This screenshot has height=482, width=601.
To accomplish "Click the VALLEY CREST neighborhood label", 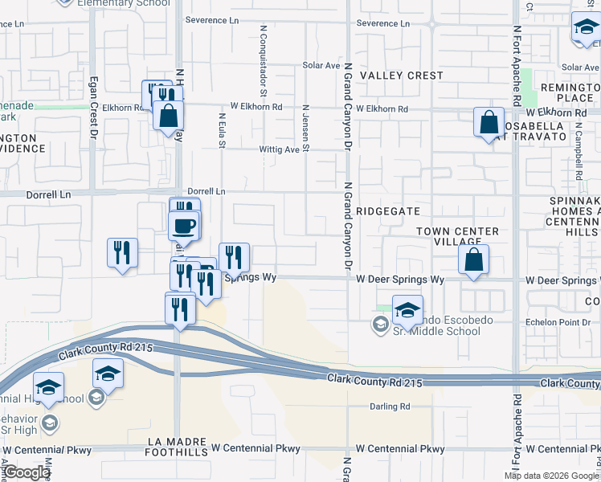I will point(401,76).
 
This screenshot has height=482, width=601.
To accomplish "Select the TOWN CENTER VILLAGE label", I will point(457,237).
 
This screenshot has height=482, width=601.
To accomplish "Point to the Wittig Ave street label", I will point(279,149).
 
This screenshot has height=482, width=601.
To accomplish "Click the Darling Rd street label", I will point(390,406).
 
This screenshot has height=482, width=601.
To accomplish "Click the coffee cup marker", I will point(184,226).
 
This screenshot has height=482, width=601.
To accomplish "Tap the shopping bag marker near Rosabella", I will point(489,124).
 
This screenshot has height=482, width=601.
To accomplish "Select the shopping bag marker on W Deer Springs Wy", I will point(473,260).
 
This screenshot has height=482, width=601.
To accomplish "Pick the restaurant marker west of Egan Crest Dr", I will point(122,254).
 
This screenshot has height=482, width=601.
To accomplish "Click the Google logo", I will point(27,472).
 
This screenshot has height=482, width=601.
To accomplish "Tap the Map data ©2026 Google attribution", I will point(551,476).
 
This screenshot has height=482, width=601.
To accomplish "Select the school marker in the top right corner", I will point(586,29).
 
